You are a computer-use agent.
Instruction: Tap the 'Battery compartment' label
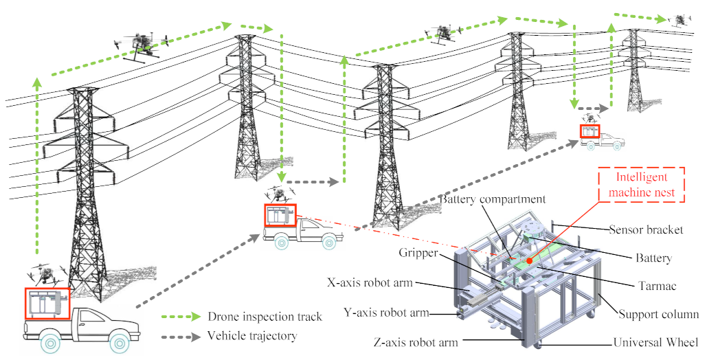tap(493, 199)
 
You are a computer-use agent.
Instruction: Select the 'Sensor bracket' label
tap(646, 229)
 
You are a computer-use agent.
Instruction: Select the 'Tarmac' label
tap(649, 284)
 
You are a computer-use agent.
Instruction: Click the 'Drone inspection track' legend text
tap(264, 317)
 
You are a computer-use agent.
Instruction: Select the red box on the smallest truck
tap(590, 131)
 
